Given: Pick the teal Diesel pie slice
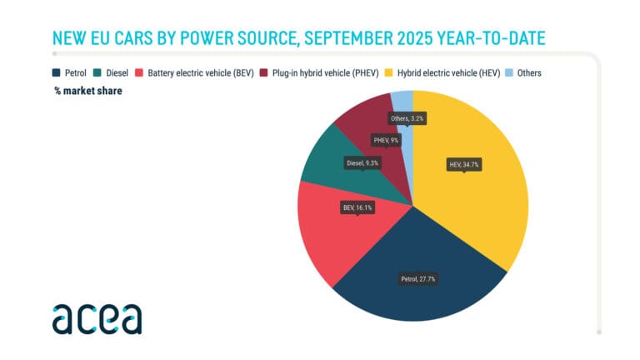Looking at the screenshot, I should point(325,167).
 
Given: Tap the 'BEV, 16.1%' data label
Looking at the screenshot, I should point(357,206).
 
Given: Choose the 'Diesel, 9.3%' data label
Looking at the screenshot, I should point(362,163).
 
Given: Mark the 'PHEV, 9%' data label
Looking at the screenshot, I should point(385,141).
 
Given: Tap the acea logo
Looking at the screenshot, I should point(97,318).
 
